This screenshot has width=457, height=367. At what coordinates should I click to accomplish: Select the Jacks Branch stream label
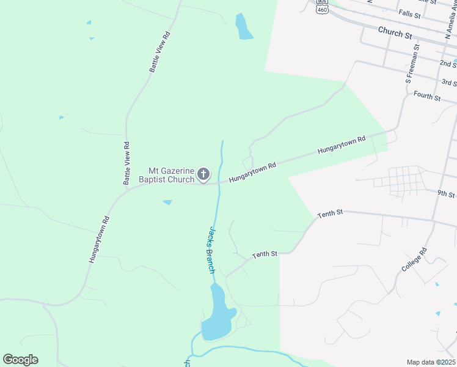click(210, 249)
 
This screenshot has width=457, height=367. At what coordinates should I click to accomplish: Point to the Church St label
click(395, 32)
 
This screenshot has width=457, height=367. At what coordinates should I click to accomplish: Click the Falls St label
click(409, 13)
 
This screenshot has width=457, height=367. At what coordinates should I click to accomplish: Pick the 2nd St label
click(447, 64)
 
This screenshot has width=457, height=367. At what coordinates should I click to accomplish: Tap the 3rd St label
click(449, 82)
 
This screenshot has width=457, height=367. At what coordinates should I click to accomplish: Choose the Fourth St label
click(426, 96)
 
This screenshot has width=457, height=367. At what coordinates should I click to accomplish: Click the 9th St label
click(445, 193)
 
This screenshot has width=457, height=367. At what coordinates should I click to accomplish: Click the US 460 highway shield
click(322, 9)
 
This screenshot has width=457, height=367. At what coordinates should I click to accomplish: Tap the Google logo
click(20, 360)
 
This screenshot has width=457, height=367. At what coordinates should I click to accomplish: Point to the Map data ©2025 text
click(431, 362)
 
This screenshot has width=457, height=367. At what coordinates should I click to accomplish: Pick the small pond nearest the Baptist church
click(167, 202)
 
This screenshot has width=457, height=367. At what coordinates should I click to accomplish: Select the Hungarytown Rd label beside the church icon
click(252, 172)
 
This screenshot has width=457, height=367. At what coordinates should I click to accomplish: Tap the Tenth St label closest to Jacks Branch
click(265, 253)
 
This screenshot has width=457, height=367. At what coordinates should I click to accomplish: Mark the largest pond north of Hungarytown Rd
click(244, 28)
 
